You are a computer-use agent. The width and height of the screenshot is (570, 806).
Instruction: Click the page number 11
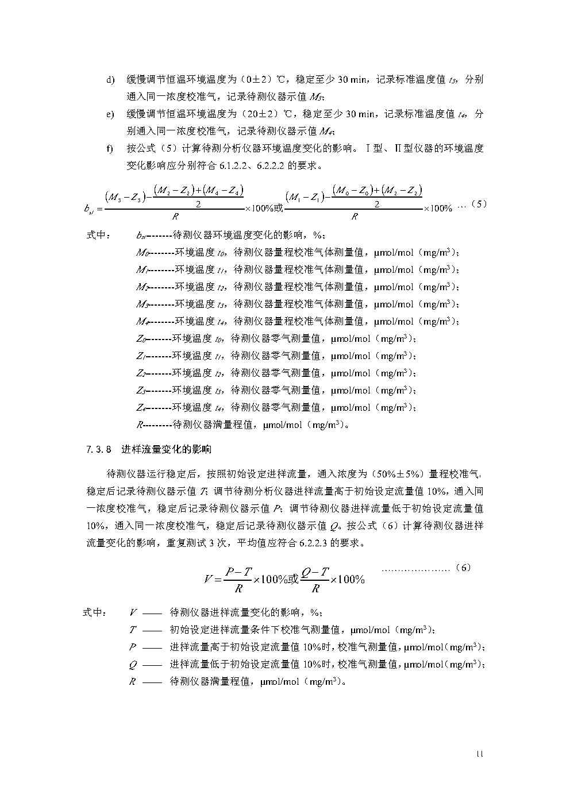coord(480,753)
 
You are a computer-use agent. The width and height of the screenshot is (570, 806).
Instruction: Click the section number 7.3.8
coord(98,449)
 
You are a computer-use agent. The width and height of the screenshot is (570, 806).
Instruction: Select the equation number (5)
coord(479,204)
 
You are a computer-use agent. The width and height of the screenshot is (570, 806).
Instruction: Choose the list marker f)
coord(109,149)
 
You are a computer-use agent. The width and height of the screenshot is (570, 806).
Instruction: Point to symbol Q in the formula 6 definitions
coord(133,665)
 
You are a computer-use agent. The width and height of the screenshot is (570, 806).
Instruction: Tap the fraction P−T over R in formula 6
coord(238,579)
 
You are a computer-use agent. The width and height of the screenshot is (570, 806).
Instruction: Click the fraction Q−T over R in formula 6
coord(315,579)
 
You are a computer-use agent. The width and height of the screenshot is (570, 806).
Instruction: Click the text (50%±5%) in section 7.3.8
coord(398,474)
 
